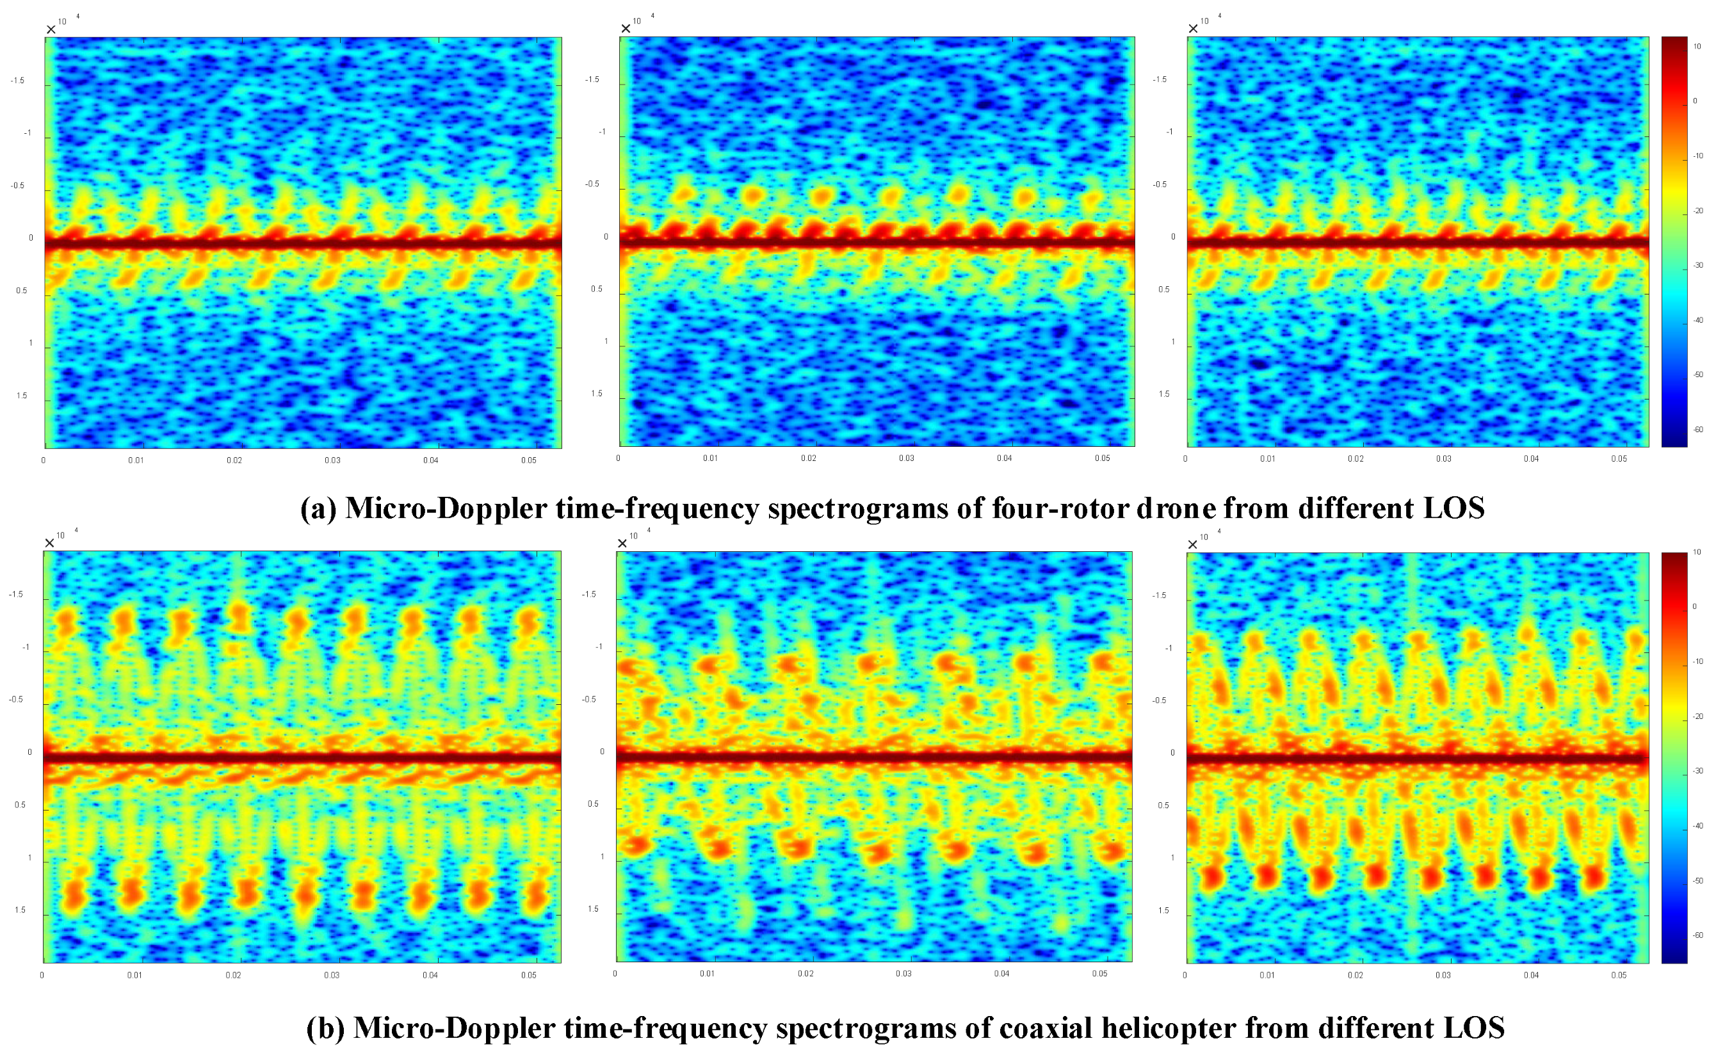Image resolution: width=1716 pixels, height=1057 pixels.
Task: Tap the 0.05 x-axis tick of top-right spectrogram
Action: pos(1619,459)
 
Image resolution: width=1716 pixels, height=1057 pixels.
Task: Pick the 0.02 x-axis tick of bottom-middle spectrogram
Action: pos(805,974)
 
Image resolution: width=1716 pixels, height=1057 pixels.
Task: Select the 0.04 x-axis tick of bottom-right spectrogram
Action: pos(1531,975)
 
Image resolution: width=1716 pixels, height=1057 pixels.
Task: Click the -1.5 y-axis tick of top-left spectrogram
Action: pos(17,81)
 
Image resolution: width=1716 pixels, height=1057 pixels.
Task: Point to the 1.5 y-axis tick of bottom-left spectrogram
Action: pos(20,910)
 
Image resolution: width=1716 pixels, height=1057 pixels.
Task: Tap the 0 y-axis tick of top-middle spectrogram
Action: pos(606,237)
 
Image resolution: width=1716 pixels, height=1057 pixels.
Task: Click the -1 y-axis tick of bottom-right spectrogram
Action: pos(1169,649)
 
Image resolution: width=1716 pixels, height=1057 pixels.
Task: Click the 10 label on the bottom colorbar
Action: pos(1696,553)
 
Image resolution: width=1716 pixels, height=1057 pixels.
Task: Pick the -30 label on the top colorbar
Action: pos(1698,266)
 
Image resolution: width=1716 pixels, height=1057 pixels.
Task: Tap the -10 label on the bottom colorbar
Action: pos(1698,661)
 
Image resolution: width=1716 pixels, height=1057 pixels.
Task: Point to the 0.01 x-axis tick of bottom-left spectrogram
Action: pos(135,975)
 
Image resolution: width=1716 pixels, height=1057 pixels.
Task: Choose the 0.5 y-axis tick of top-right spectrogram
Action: pos(1164,289)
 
